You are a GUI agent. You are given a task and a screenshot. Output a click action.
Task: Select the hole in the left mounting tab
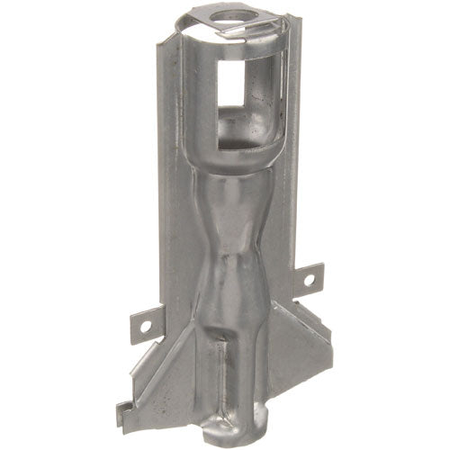coord(148,319)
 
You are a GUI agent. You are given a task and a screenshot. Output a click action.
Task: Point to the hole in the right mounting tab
coord(309,279)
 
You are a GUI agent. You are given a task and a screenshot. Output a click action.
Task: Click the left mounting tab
coord(148,320)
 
